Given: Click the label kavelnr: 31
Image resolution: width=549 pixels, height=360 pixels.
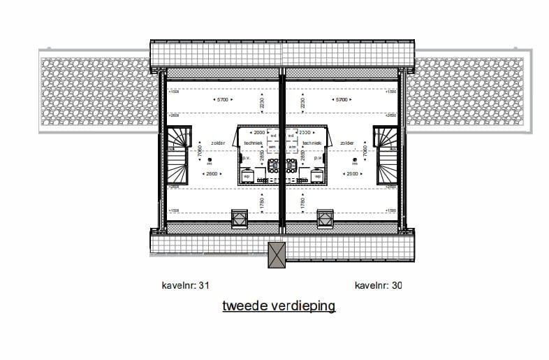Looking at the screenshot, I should click(x=185, y=285).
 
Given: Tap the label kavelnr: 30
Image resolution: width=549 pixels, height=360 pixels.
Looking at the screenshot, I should click(x=378, y=285).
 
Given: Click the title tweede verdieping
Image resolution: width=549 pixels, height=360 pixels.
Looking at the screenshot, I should click(x=279, y=306).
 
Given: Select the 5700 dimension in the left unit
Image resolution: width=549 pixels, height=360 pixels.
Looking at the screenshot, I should click(x=222, y=100).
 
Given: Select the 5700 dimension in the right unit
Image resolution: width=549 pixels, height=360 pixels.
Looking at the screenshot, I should click(x=342, y=100).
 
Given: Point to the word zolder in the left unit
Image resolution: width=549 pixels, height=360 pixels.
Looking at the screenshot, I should click(x=218, y=143).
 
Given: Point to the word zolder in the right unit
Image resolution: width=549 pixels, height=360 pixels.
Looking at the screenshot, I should click(x=346, y=143).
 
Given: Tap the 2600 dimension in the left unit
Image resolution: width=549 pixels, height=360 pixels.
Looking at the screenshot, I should click(x=212, y=173).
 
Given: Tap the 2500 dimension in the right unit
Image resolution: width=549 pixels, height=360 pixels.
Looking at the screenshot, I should click(x=351, y=173).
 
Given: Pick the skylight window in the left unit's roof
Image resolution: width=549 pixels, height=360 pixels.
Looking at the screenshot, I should click(x=239, y=218).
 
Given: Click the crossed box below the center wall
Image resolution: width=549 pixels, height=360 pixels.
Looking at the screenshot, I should click(x=277, y=254).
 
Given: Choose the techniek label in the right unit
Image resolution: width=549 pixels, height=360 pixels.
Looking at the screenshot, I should click(x=313, y=143).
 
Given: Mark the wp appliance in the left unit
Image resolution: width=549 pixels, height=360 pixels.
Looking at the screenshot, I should click(x=247, y=176).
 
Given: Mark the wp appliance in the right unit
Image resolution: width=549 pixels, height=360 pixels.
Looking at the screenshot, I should click(x=317, y=176).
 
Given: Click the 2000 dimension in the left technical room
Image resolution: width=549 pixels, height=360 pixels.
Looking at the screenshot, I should click(x=259, y=132).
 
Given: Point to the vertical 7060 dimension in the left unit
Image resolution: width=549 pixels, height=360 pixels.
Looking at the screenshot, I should click(x=200, y=150).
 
